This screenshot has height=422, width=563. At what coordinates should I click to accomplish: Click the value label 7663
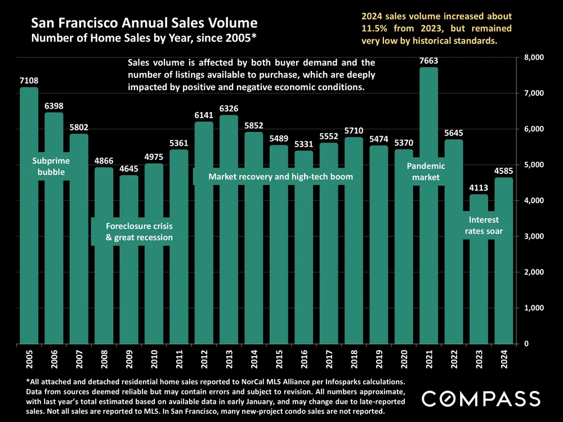pos(428,61)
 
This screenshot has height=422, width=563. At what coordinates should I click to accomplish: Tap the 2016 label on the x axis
pos(304,357)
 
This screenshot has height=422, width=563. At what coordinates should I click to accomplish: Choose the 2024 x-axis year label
pos(504,357)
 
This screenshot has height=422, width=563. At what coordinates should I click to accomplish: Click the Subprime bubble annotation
pos(51,167)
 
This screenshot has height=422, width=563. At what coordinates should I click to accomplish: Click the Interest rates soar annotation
pos(484,225)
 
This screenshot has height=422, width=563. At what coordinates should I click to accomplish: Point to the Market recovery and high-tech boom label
pos(280,177)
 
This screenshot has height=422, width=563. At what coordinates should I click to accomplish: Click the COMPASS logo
pos(481,398)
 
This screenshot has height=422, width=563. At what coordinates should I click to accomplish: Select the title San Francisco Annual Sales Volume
pos(145,24)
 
